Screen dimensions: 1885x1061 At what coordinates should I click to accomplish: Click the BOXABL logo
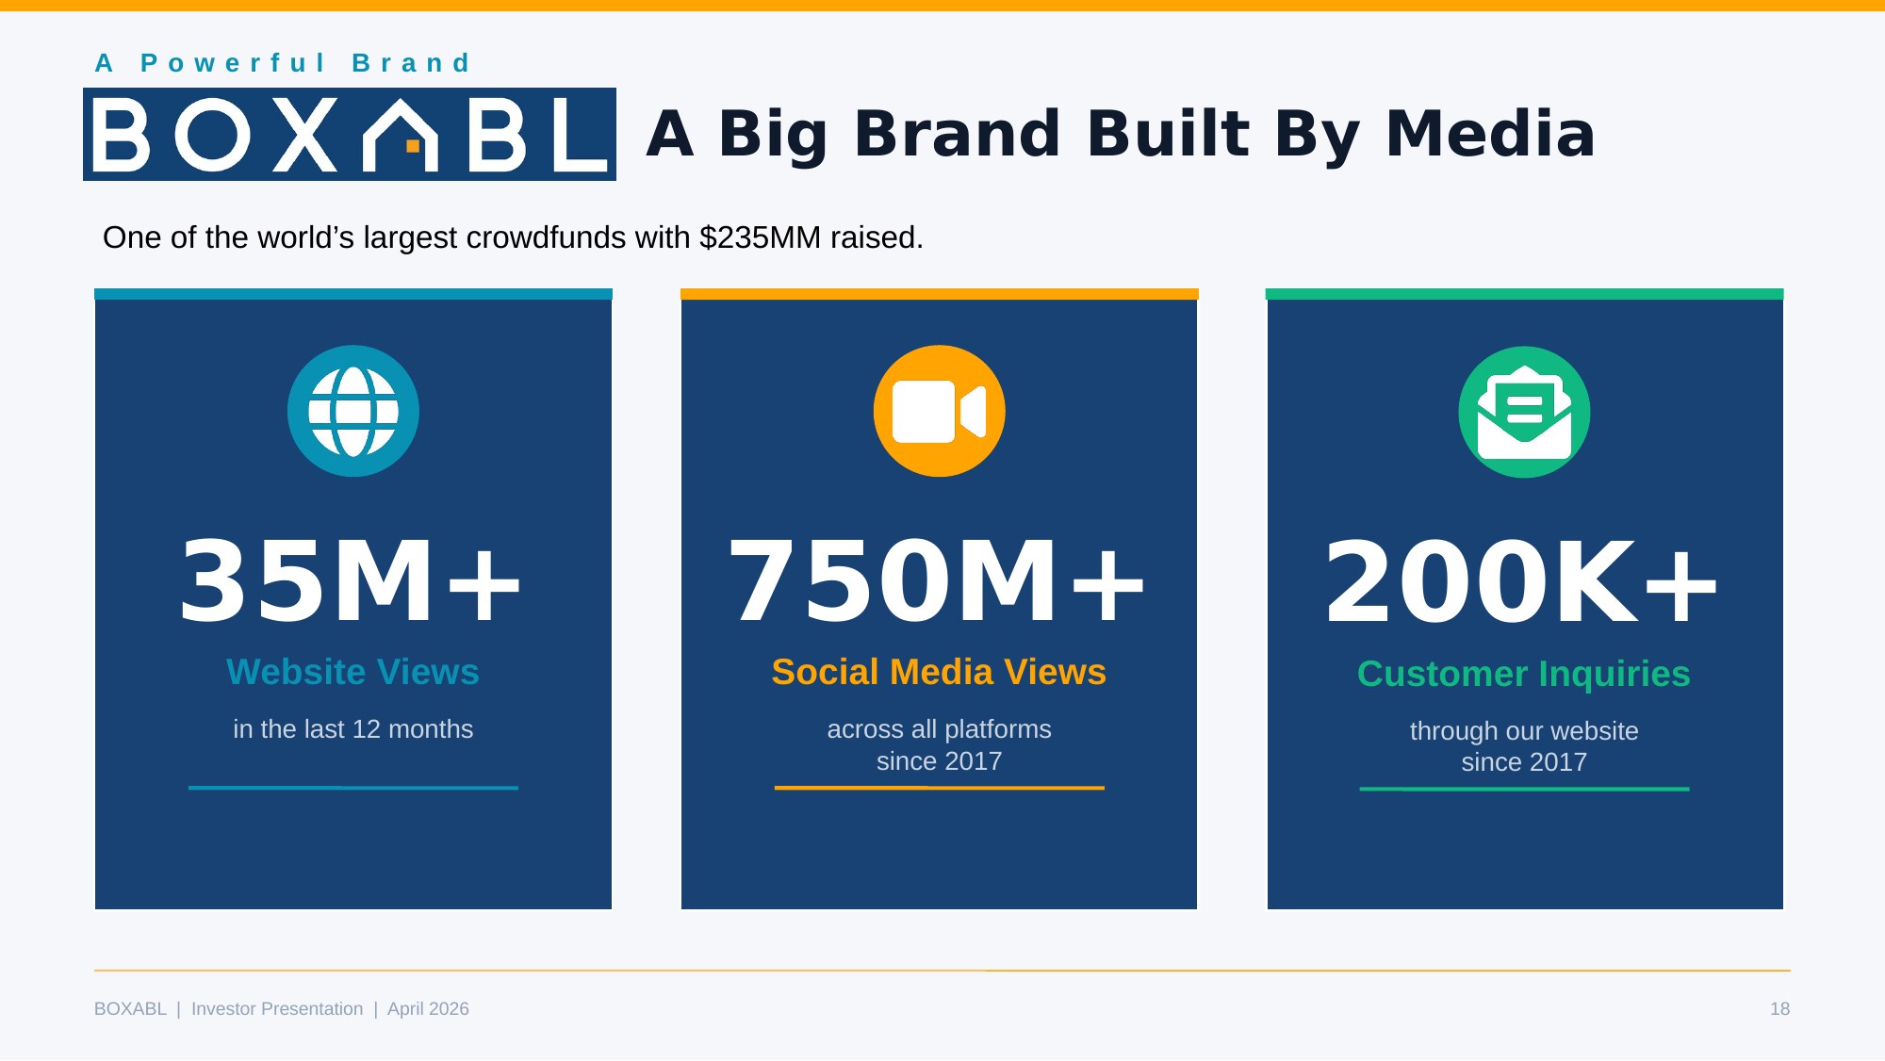point(350,134)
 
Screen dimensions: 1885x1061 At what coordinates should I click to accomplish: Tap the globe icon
point(353,411)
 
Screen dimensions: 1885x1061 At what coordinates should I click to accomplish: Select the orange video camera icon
point(940,411)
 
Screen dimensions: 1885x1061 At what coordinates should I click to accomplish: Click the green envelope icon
point(1524,413)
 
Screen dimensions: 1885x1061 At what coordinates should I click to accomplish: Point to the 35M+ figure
point(351,580)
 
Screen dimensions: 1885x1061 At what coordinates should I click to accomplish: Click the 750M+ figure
point(938,580)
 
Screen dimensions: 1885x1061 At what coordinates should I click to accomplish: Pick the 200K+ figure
point(1522,581)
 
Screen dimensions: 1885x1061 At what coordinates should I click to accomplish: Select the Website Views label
point(353,672)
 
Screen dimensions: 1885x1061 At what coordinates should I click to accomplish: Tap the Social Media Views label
point(939,672)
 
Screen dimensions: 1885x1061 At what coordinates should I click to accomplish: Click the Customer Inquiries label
point(1524,674)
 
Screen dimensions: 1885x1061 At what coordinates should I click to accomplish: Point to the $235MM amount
point(761,237)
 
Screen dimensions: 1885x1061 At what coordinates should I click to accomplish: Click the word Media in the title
point(1490,133)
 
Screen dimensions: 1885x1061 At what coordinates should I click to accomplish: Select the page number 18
point(1779,1009)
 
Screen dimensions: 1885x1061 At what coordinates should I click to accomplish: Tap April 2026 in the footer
point(428,1009)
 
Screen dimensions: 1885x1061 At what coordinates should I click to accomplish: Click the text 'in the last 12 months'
point(353,729)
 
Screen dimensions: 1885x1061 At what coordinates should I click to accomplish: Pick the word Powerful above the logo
point(233,63)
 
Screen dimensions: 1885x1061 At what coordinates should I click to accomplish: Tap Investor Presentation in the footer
point(277,1009)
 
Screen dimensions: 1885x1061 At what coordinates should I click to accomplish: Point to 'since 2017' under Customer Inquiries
point(1524,762)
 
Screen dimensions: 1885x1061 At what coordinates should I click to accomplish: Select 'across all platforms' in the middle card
point(939,729)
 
